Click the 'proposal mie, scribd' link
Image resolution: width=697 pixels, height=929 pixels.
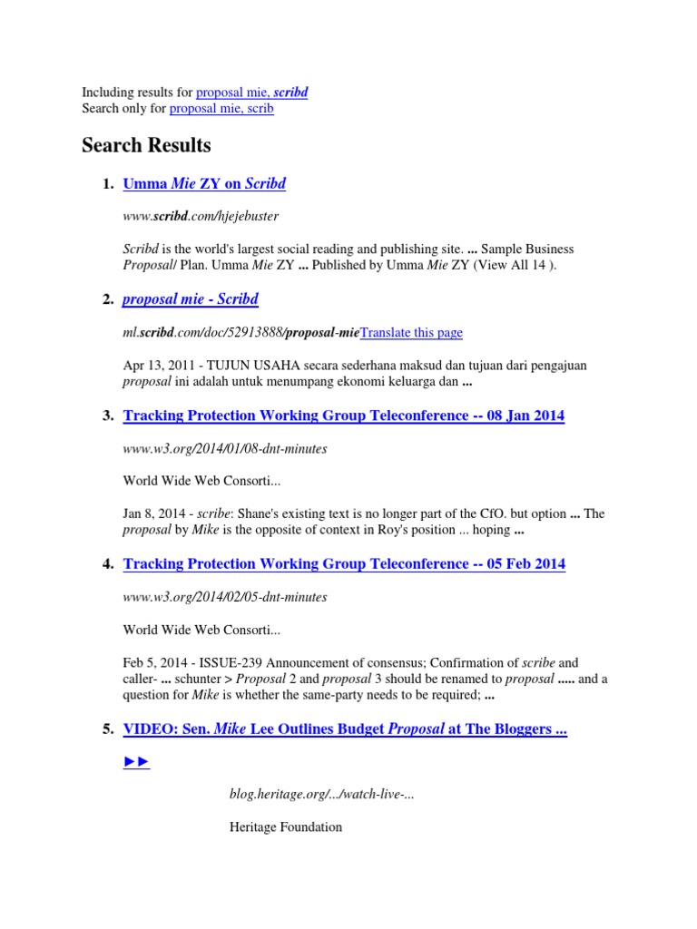[251, 93]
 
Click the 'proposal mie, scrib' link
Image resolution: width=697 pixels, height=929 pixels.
[221, 109]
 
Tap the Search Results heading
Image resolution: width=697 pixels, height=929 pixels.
[146, 145]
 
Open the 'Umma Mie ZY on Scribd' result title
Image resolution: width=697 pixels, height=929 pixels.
[204, 184]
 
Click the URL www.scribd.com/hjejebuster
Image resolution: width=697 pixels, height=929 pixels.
[201, 217]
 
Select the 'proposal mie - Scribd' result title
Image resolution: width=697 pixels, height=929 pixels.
[191, 299]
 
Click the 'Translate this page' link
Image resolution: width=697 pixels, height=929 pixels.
[411, 333]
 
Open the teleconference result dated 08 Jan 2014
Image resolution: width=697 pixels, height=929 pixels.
[343, 416]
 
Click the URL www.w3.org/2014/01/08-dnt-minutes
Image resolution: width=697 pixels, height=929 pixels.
[224, 448]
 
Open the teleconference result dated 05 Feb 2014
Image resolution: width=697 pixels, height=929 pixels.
[343, 564]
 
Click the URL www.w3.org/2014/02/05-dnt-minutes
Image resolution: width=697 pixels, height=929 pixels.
[224, 597]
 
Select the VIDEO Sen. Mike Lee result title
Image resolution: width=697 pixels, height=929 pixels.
[345, 729]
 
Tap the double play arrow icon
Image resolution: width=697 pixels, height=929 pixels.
[136, 762]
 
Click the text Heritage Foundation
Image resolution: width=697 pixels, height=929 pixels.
[286, 827]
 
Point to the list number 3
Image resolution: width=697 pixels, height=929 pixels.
[107, 416]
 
